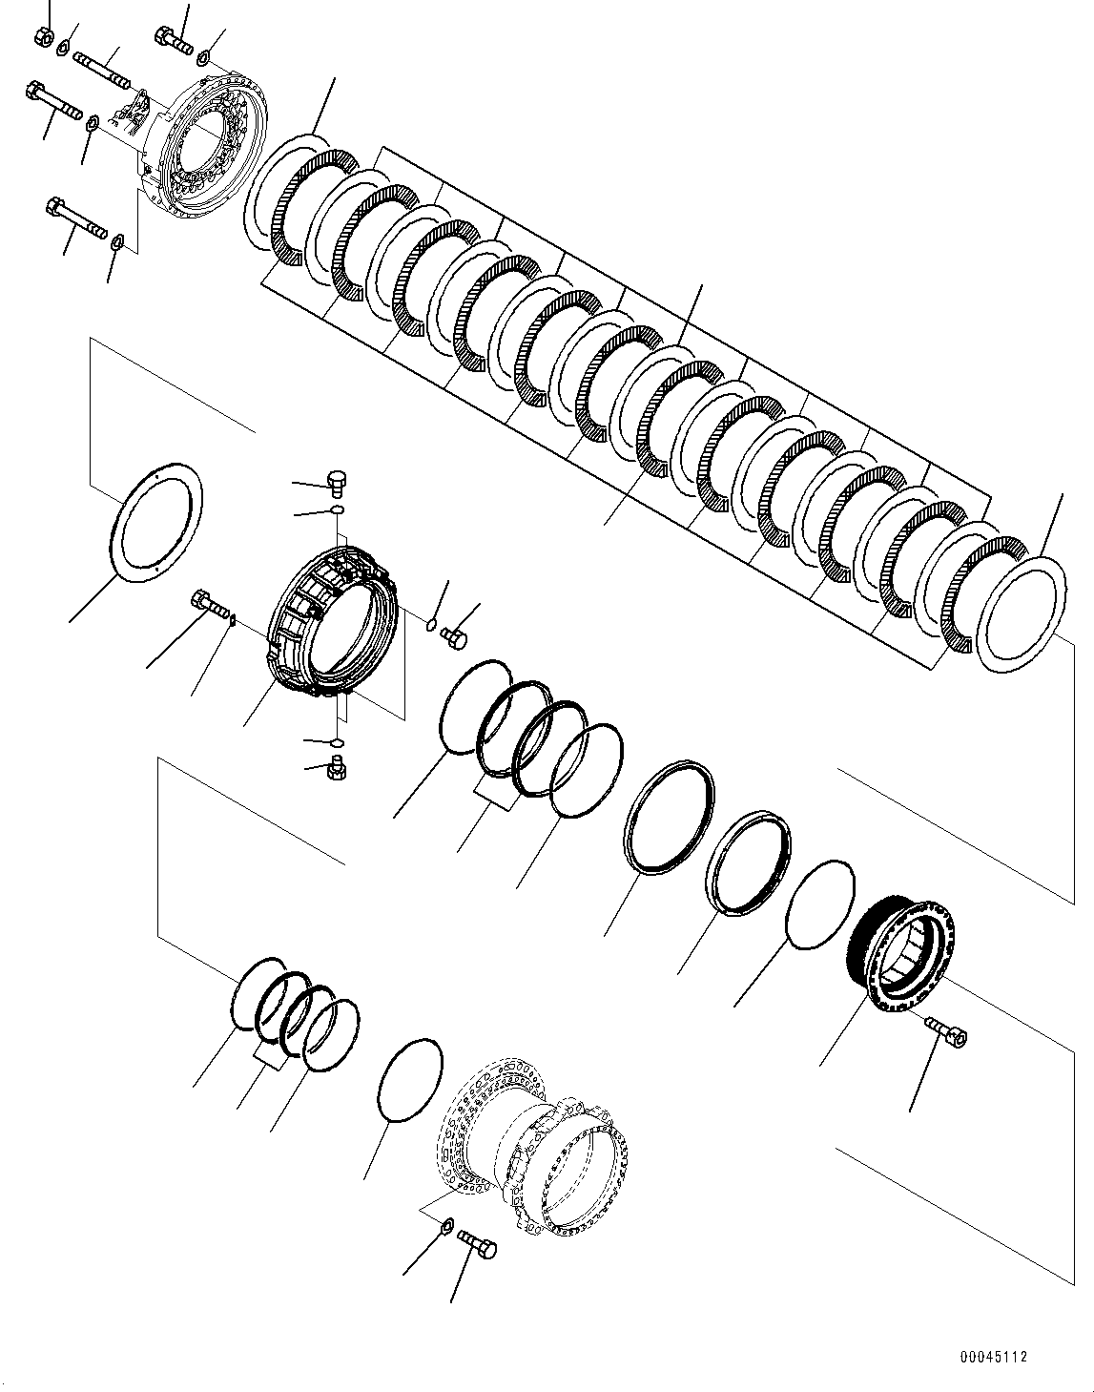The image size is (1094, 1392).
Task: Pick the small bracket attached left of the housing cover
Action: [134, 111]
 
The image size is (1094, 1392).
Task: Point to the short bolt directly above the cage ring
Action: [336, 482]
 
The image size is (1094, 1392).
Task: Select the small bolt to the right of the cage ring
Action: [456, 638]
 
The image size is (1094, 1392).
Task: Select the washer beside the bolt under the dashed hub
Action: [447, 1224]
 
